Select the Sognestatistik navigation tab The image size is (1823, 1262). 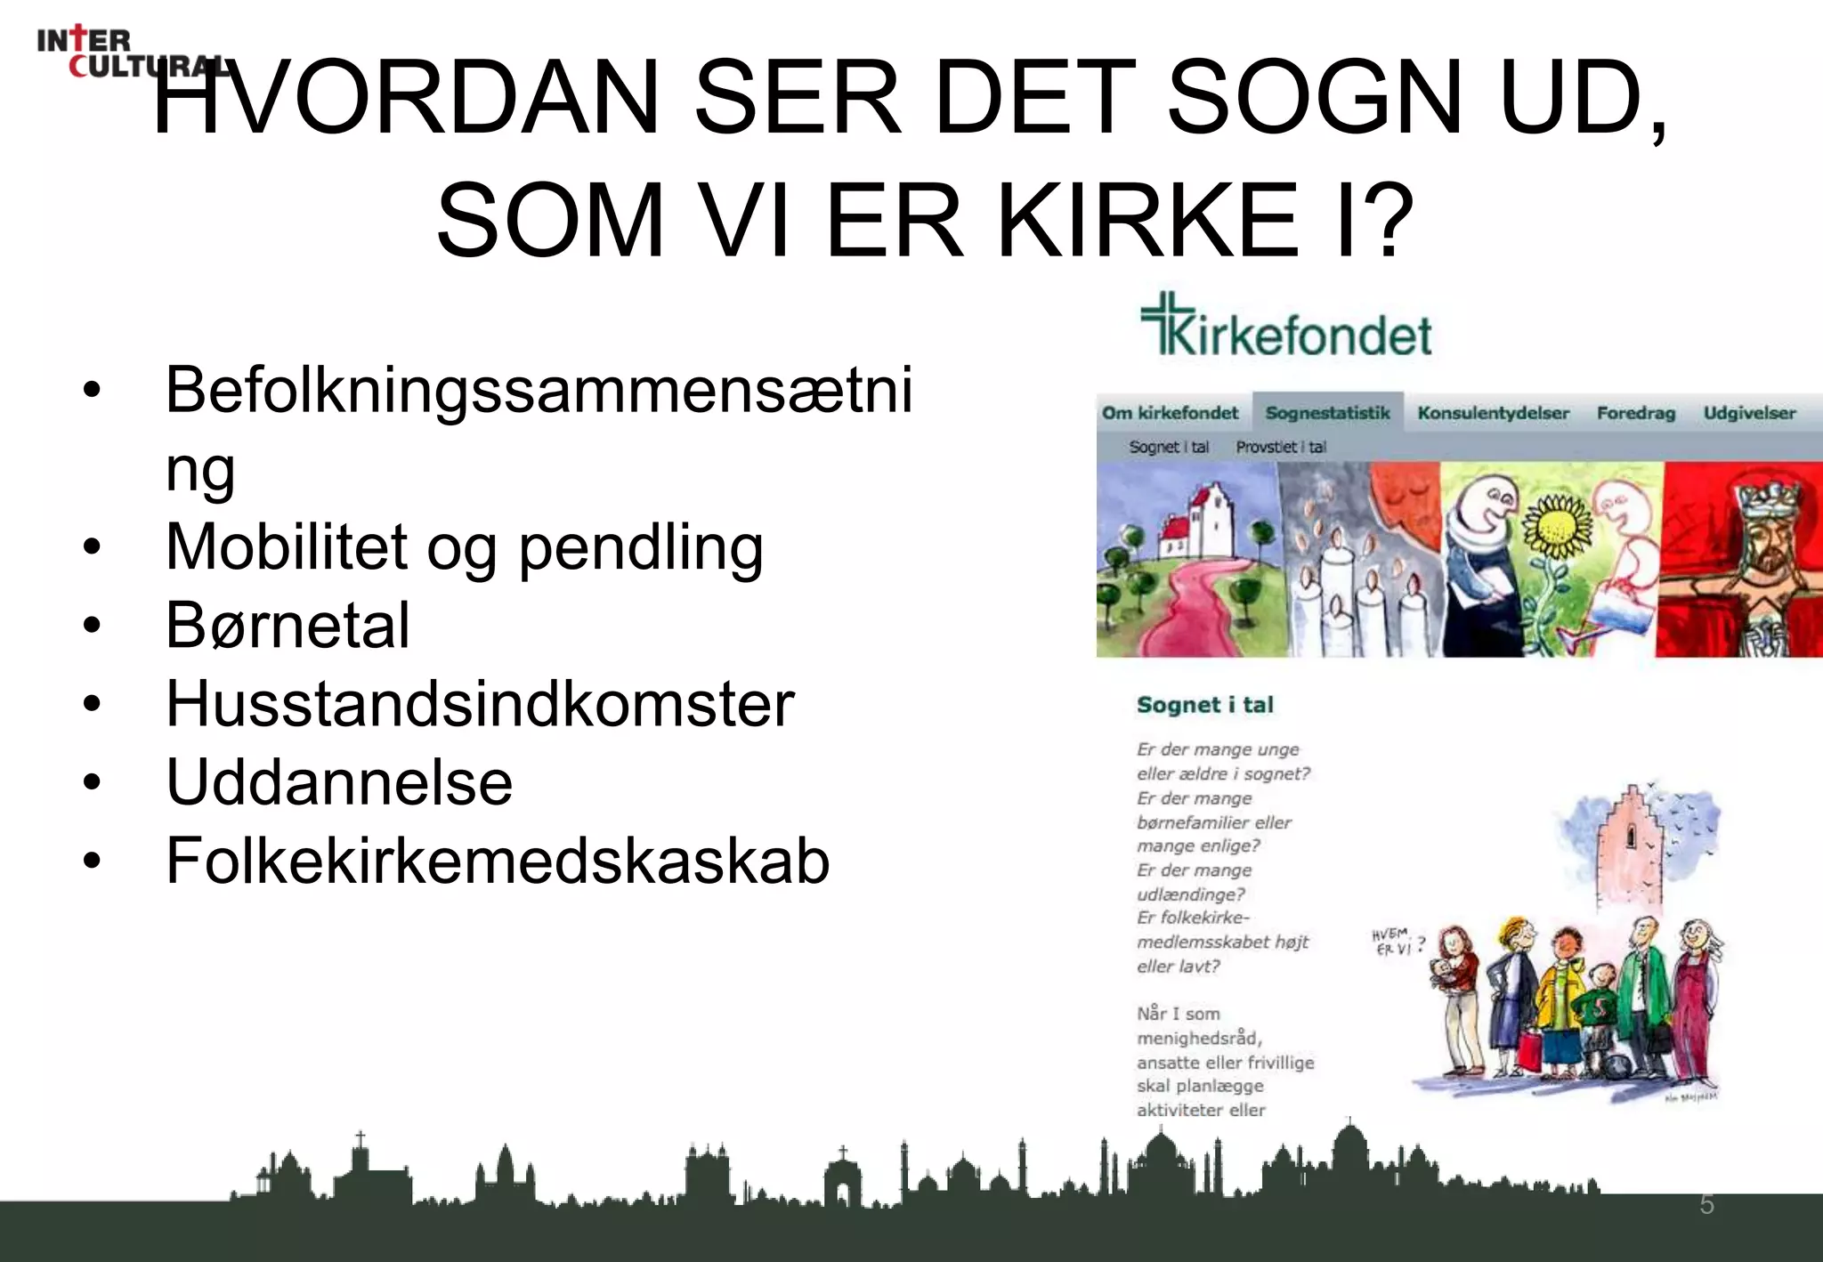point(1327,413)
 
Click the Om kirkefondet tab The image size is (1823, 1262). point(1170,413)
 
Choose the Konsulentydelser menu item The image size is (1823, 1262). point(1493,413)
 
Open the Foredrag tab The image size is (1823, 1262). point(1635,413)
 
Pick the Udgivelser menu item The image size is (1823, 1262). point(1749,413)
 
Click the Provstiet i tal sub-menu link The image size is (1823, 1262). point(1280,447)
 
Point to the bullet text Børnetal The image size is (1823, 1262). point(288,625)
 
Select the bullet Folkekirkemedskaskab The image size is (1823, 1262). point(497,861)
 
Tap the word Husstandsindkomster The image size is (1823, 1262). point(480,704)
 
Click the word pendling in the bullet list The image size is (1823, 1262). point(640,547)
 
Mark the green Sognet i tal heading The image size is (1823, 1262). point(1204,705)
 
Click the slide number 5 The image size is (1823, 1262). point(1706,1204)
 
